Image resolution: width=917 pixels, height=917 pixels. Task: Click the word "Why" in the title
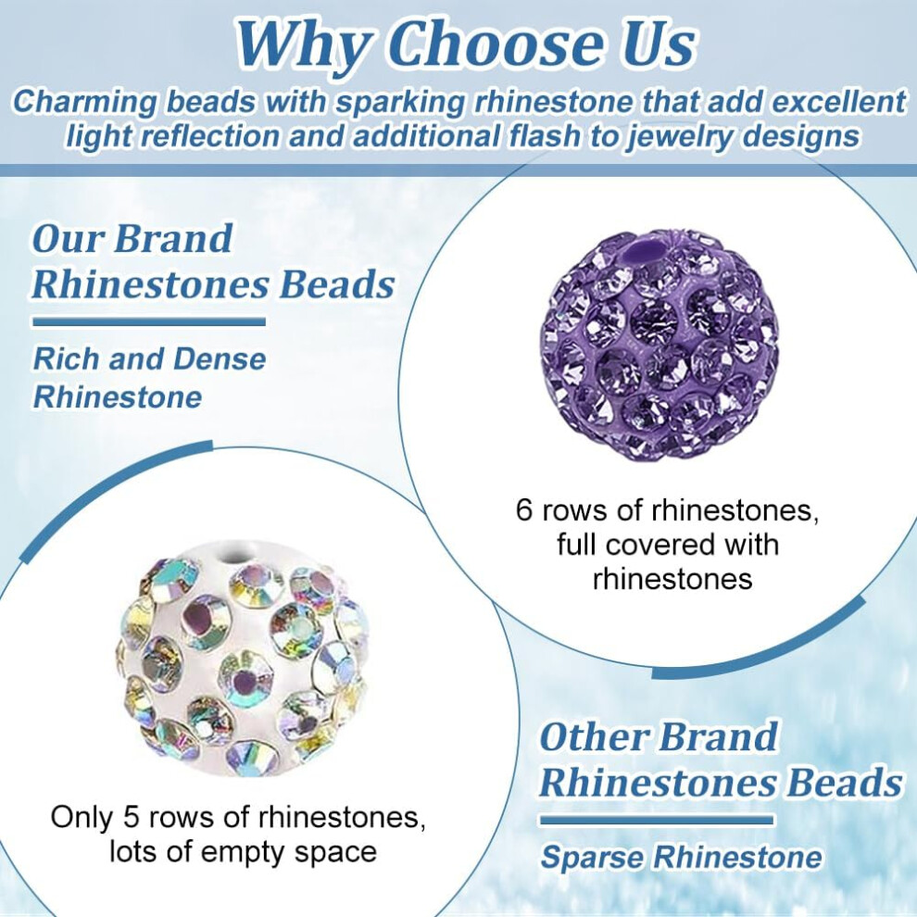tap(303, 46)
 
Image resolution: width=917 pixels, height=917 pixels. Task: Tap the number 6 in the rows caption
tap(524, 510)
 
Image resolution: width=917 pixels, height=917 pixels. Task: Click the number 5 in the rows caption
tap(132, 816)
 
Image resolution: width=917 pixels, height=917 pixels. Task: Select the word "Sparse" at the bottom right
tap(592, 858)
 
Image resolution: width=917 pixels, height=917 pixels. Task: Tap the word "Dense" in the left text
tap(220, 358)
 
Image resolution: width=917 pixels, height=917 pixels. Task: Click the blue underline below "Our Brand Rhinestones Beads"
tap(148, 321)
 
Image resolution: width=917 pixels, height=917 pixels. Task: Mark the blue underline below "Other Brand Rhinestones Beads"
tap(656, 820)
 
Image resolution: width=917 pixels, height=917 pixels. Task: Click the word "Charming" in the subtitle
tap(85, 102)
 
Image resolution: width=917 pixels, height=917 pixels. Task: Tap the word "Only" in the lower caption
tap(81, 817)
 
